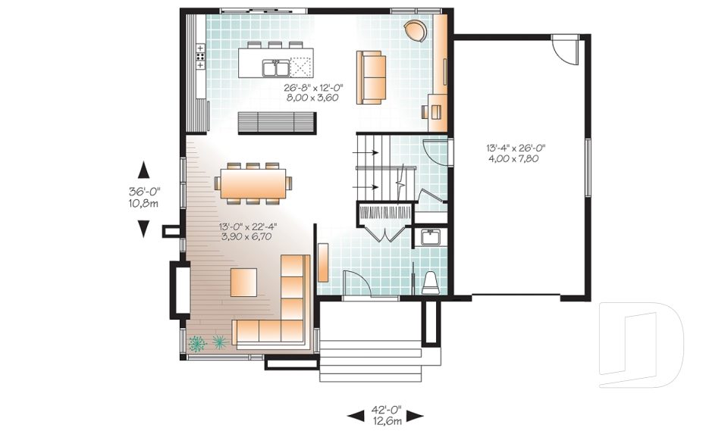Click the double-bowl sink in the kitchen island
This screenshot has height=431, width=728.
pyautogui.click(x=275, y=68)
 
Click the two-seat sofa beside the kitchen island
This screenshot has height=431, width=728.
pyautogui.click(x=371, y=77)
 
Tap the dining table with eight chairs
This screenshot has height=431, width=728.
pyautogui.click(x=253, y=183)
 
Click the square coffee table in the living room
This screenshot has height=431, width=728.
pyautogui.click(x=243, y=283)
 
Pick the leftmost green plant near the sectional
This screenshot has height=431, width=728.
pyautogui.click(x=197, y=343)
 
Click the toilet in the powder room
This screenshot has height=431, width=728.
pyautogui.click(x=431, y=283)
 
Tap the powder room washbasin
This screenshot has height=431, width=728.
pyautogui.click(x=431, y=239)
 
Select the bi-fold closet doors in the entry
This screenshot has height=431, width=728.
pyautogui.click(x=385, y=231)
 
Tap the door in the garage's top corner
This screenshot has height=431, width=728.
pyautogui.click(x=563, y=51)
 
